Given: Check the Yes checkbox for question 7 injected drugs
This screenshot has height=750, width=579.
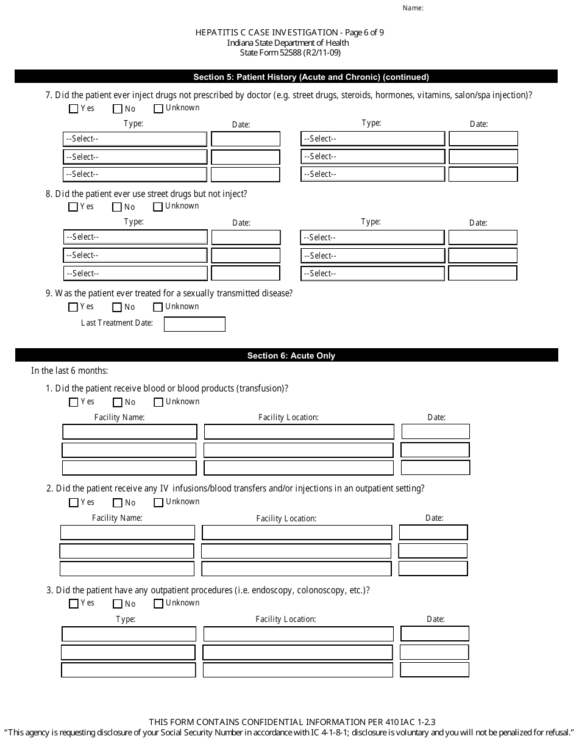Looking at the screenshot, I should point(74,109).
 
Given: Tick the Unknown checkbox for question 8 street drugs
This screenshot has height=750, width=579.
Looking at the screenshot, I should point(158,207).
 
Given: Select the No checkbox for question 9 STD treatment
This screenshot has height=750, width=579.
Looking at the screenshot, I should point(118,307).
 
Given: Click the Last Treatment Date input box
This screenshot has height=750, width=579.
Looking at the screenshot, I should point(194,324).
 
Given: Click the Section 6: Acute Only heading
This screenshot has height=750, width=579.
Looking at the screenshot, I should point(291,355).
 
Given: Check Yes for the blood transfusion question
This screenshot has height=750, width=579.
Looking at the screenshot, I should point(74,402).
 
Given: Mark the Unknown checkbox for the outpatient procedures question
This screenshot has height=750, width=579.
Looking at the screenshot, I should point(158,604).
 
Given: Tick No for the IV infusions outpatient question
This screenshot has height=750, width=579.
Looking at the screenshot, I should point(118,503).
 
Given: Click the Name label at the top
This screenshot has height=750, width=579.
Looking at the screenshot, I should point(413,9).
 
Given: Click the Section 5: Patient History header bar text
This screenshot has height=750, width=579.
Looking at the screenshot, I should point(311,77).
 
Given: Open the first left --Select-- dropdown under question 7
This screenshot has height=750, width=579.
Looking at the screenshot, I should point(135,139).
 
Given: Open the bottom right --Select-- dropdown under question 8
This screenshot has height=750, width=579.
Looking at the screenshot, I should point(372,273).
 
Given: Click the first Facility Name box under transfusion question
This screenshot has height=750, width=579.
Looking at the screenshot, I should point(130,432).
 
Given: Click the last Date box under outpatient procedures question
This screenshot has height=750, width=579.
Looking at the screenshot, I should point(435,670).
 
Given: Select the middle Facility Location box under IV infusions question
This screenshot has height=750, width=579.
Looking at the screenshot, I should point(296,551).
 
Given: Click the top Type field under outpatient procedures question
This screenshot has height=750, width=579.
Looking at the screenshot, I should point(129,634).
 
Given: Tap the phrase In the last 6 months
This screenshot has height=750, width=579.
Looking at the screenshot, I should point(69,371).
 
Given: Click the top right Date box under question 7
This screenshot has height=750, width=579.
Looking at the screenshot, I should point(483,139).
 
